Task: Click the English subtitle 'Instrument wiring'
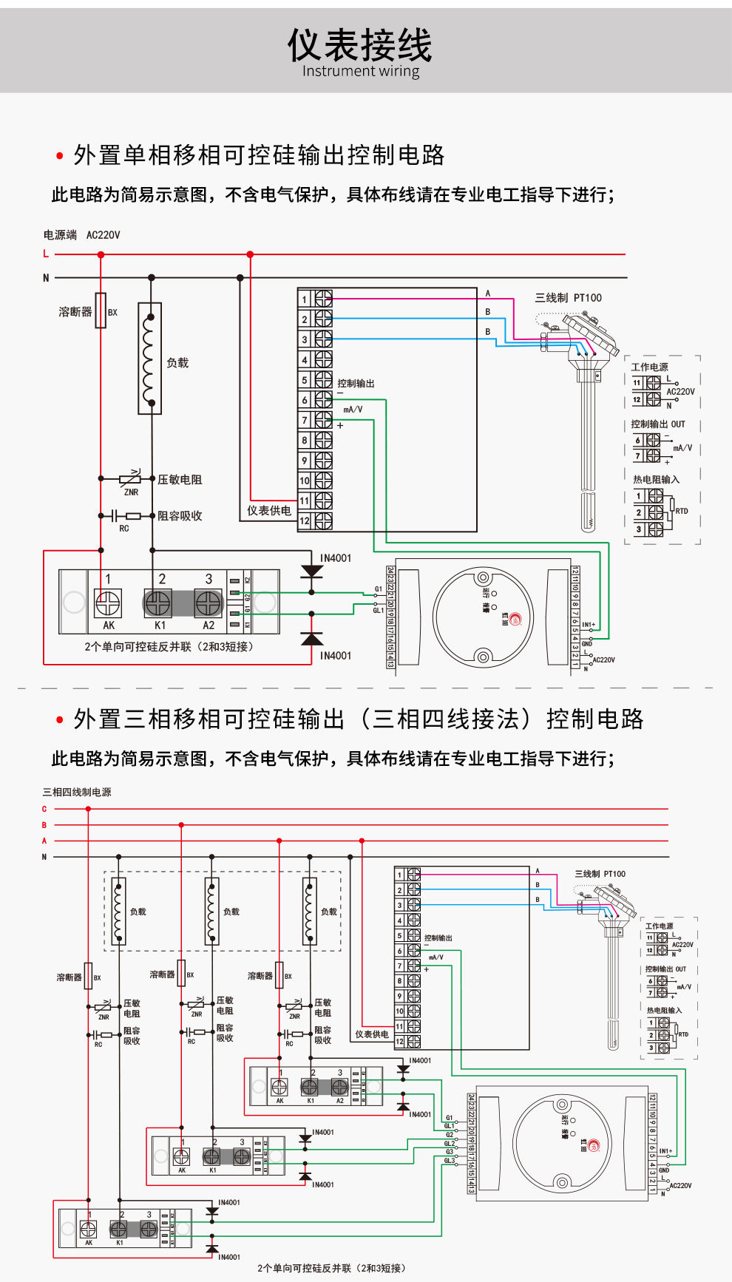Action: point(360,71)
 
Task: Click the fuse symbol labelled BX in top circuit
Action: point(101,311)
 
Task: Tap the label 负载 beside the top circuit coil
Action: point(177,363)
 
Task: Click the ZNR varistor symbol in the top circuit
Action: point(130,479)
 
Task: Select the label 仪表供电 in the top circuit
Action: point(269,511)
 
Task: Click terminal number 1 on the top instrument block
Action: point(304,299)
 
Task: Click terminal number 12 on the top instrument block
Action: point(304,521)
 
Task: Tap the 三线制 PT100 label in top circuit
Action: point(568,298)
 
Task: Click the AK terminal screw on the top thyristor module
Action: point(108,603)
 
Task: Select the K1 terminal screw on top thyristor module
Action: point(157,603)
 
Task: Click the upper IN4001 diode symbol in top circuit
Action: point(312,572)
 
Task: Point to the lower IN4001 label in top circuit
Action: point(336,656)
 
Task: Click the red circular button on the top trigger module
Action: point(515,620)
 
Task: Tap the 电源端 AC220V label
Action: point(81,235)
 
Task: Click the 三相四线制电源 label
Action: point(77,792)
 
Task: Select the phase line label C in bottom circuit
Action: point(44,809)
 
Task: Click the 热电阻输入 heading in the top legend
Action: point(656,479)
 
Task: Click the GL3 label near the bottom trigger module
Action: point(449,1160)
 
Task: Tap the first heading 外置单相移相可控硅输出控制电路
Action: point(259,155)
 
